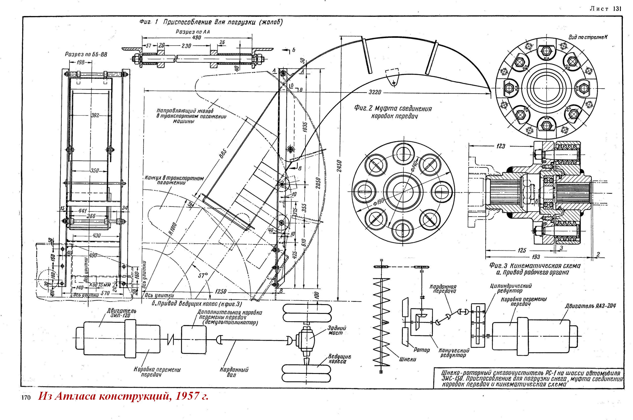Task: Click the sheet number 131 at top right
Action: click(616, 9)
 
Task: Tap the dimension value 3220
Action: click(375, 93)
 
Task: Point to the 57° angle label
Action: click(203, 276)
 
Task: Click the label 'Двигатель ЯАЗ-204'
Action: click(590, 306)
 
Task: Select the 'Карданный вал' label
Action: click(234, 372)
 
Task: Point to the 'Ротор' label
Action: click(422, 350)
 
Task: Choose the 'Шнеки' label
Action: click(407, 359)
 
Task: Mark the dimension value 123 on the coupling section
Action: click(500, 146)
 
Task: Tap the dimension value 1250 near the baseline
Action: click(220, 291)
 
